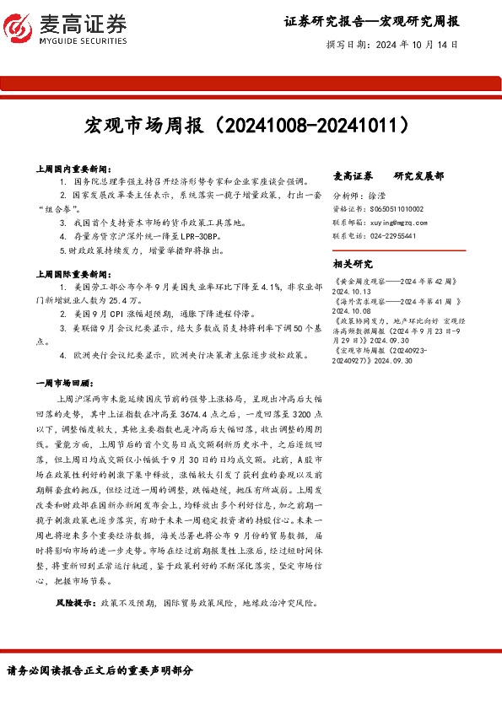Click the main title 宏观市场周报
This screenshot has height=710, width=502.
[x=143, y=126]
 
